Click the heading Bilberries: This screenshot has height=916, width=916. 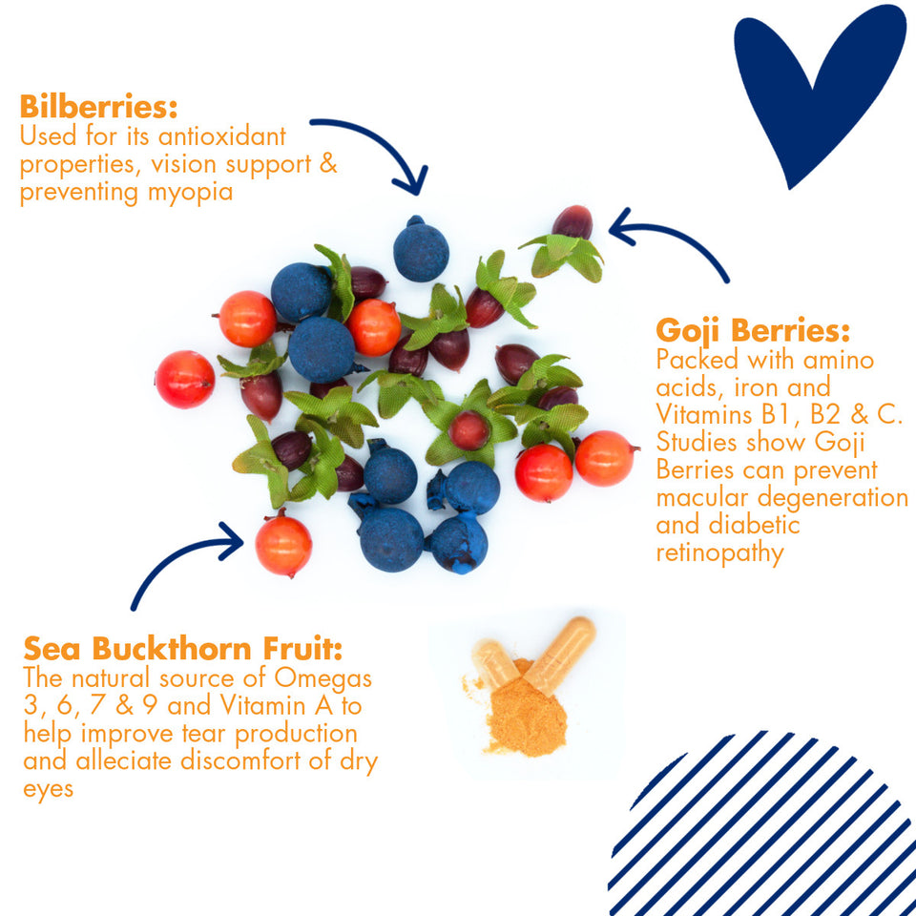(x=98, y=106)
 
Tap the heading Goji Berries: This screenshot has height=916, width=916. (x=753, y=331)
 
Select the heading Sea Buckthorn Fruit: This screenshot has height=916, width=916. (x=182, y=649)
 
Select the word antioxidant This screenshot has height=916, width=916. (x=222, y=136)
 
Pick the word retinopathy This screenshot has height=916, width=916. (x=719, y=553)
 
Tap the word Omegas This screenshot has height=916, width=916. (x=323, y=678)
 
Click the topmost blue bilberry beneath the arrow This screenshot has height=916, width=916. (x=421, y=249)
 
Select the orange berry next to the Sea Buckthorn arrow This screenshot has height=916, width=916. (x=283, y=545)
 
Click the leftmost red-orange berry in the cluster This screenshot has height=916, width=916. (x=184, y=379)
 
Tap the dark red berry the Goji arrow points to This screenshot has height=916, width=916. (x=572, y=222)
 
